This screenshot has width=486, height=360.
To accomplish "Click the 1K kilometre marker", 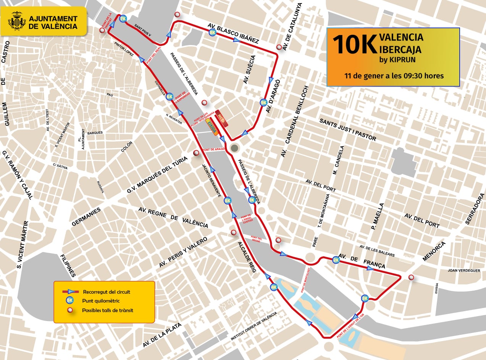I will [x=252, y=200].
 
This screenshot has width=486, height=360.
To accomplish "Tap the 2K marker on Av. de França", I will [x=336, y=260].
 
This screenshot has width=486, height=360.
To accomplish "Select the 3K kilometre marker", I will [x=365, y=298].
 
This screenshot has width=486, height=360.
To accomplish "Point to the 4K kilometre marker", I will [x=273, y=287].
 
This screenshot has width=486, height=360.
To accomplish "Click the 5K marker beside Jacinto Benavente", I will [x=228, y=200].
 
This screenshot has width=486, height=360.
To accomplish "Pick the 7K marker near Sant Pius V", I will [x=123, y=19].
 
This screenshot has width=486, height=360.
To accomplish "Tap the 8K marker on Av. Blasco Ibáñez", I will [x=213, y=33].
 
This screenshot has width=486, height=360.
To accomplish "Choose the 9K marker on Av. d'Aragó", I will [x=263, y=102].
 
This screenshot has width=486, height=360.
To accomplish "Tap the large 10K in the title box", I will [x=354, y=45].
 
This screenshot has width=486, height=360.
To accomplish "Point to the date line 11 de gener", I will [x=394, y=76].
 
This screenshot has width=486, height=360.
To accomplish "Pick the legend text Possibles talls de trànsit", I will [x=107, y=310].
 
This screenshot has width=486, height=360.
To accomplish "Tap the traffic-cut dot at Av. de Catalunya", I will [x=279, y=47].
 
